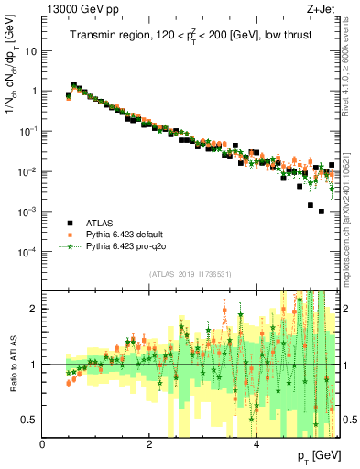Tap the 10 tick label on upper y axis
[31, 51]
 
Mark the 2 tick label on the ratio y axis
[35, 309]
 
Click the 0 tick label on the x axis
[42, 444]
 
